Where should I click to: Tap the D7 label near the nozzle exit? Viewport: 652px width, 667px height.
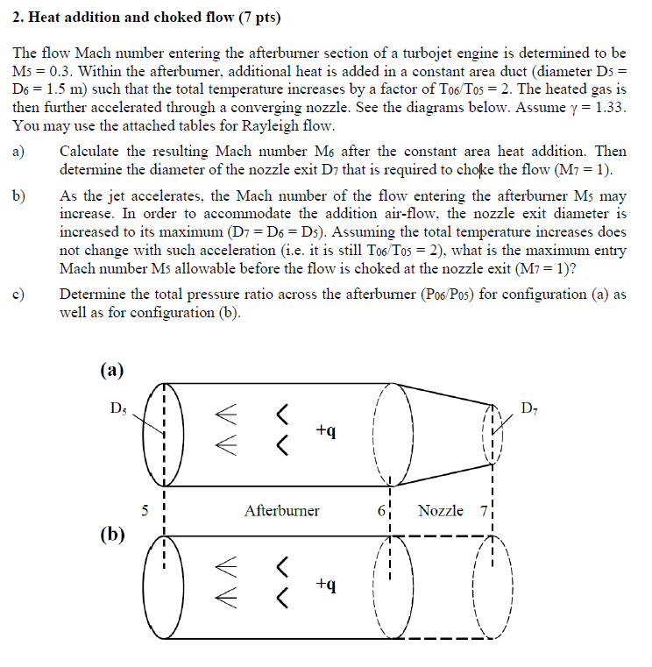click(x=530, y=408)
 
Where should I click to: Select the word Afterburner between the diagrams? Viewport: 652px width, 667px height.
click(x=282, y=510)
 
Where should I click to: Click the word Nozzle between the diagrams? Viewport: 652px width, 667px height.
click(x=442, y=510)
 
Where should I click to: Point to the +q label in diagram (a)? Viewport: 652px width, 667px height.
click(x=325, y=431)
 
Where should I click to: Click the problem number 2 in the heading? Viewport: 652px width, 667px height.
click(x=18, y=17)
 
